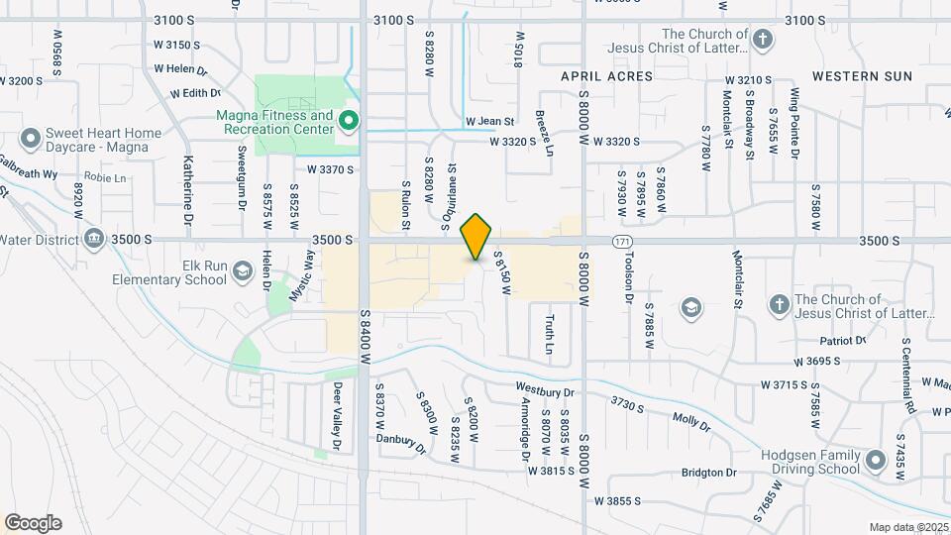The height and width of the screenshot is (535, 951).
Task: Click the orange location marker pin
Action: [x=476, y=237]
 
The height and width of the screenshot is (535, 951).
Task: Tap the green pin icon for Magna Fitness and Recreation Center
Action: [x=348, y=122]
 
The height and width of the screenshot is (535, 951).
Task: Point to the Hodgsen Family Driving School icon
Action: [x=876, y=460]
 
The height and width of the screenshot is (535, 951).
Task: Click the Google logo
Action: [x=33, y=523]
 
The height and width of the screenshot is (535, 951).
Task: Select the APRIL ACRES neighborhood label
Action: [x=607, y=76]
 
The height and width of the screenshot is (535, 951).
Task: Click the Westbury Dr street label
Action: [x=544, y=389]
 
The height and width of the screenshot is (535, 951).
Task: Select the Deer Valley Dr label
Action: [x=337, y=417]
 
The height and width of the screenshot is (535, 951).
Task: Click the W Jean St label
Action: [x=490, y=122]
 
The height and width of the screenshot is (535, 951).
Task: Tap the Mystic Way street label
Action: [x=301, y=275]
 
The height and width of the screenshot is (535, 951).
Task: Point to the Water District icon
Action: [x=94, y=238]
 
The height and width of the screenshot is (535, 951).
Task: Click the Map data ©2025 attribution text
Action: [x=906, y=526]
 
